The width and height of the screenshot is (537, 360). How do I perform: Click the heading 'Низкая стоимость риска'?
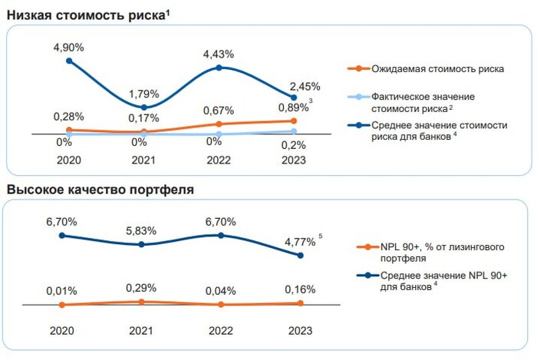point(87,14)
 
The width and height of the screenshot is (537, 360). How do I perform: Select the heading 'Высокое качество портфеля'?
point(100,188)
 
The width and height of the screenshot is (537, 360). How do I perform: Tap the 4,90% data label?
point(68,47)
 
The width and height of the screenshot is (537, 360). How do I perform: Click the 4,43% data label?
point(219,54)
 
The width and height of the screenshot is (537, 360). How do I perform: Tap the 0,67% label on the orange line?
point(219,110)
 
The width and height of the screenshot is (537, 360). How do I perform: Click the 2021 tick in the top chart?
point(143,160)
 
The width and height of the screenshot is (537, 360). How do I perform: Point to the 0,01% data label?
point(62,291)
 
